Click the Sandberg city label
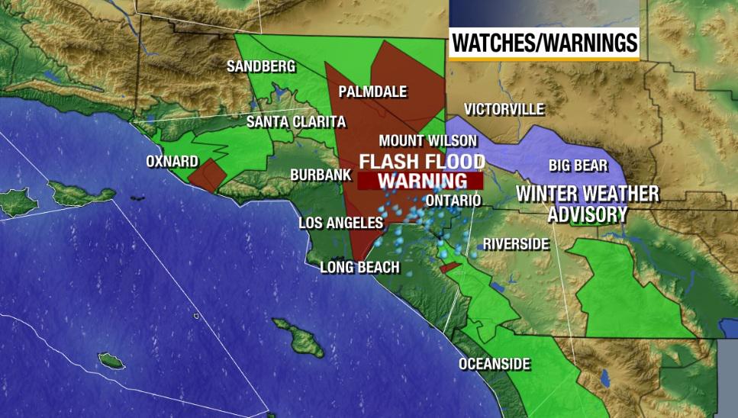[261, 67]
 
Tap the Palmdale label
[372, 92]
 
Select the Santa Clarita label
[296, 122]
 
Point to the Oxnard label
[172, 162]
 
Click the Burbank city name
[321, 175]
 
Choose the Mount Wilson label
[427, 140]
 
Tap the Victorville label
[504, 108]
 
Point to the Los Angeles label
[340, 223]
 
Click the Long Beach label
[359, 267]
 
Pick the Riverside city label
[516, 244]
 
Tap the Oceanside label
[494, 364]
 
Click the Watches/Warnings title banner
[543, 43]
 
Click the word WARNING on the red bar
[422, 182]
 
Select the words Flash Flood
[422, 162]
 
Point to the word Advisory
[588, 214]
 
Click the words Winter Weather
[587, 194]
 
